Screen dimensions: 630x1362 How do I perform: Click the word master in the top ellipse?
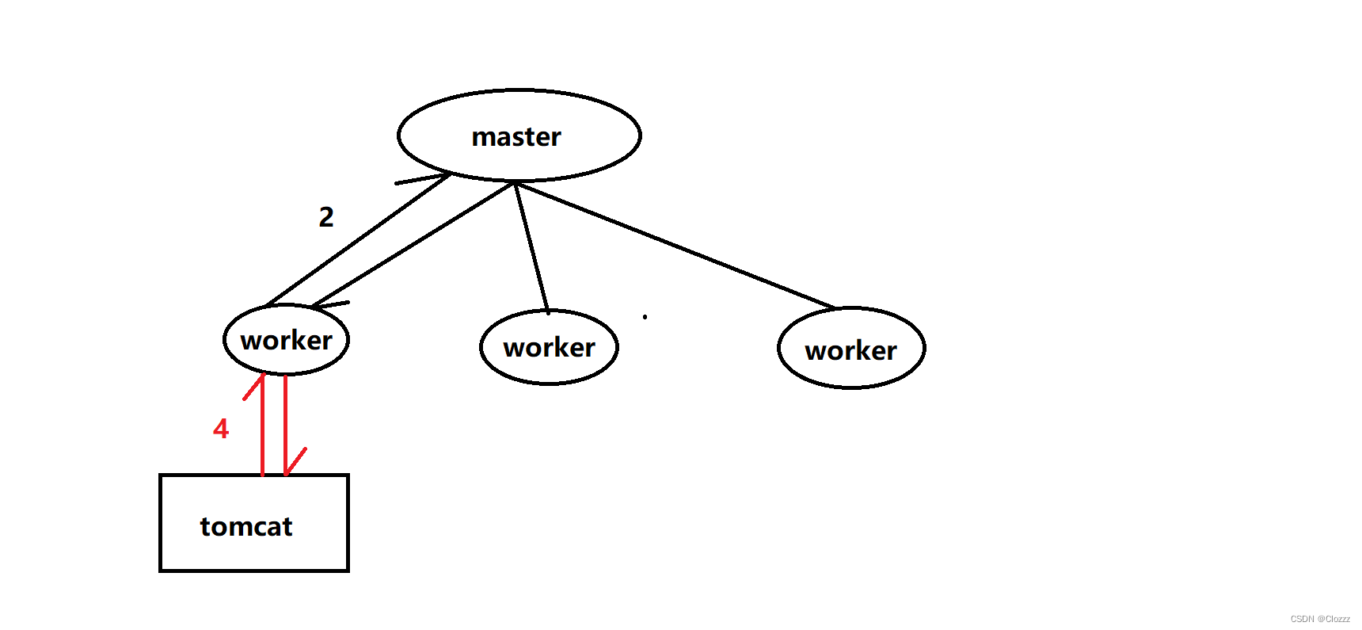coord(516,137)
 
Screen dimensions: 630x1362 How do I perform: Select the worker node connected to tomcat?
coord(286,340)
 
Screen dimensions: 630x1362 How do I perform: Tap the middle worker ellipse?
coord(549,347)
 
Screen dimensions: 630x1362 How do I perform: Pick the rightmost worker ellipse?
coord(851,349)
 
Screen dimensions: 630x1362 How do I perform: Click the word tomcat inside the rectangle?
coord(246,526)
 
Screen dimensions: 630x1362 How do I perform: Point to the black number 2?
coord(326,216)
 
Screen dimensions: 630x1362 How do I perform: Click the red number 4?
coord(221,429)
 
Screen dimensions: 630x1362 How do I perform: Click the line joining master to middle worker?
coord(531,247)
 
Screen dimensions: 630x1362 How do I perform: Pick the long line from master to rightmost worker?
coord(673,244)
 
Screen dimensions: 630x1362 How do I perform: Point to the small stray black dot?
coord(645,317)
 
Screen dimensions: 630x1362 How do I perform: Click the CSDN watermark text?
coord(1320,619)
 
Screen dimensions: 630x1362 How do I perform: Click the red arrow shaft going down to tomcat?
coord(285,420)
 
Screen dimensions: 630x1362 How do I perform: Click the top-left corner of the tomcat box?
coord(161,476)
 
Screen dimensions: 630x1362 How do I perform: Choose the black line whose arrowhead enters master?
coord(356,240)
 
